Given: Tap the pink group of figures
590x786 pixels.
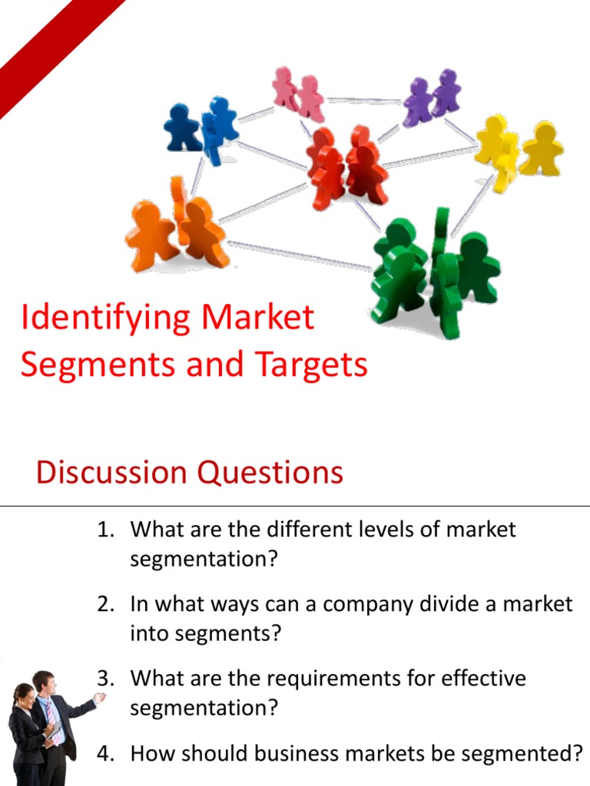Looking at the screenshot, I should [298, 94].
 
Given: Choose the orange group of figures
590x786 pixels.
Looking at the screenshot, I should [178, 229].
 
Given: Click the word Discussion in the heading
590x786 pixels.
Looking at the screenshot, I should [111, 472].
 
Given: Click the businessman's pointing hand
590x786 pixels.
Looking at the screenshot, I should [99, 698].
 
